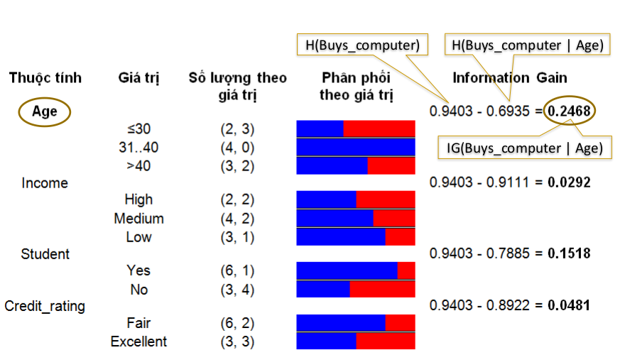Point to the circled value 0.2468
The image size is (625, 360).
[571, 111]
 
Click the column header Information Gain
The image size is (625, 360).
[510, 78]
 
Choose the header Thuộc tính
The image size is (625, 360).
[45, 78]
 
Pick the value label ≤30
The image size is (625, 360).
[138, 129]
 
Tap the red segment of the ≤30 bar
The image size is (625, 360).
[379, 129]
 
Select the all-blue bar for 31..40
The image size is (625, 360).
[355, 147]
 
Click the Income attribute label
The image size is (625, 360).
[45, 183]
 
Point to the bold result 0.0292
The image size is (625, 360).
[568, 182]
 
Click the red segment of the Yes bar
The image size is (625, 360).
[406, 271]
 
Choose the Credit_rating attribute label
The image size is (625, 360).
[45, 306]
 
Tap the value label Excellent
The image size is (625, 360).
[138, 342]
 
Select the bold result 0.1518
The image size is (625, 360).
[568, 253]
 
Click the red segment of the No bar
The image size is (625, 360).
[382, 289]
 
